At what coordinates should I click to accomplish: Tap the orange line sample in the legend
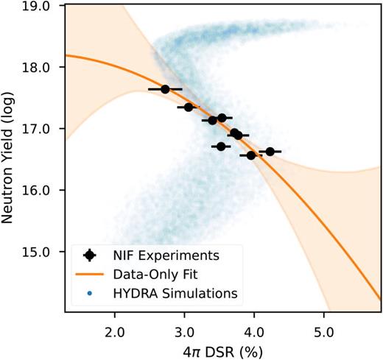(89, 275)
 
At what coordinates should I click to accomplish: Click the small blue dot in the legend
(89, 294)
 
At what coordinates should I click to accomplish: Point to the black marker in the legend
(89, 255)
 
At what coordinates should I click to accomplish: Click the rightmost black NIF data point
(270, 152)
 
